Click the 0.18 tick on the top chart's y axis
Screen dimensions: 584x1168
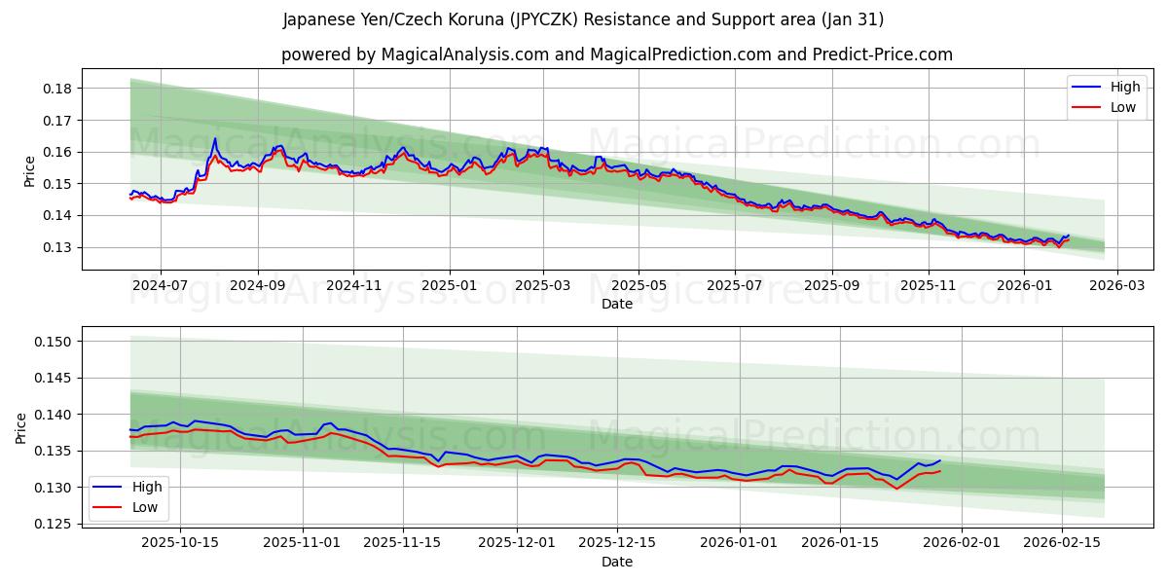click(x=59, y=89)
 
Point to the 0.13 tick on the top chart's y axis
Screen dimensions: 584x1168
click(x=59, y=247)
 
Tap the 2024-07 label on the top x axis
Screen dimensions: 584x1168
click(x=160, y=285)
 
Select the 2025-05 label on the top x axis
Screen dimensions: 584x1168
click(x=639, y=285)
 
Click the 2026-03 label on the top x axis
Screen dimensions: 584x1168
click(x=1116, y=285)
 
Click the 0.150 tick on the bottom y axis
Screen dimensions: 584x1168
click(x=55, y=342)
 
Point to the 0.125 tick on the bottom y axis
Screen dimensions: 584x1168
click(x=55, y=524)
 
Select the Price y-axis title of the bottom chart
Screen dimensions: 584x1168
click(x=21, y=427)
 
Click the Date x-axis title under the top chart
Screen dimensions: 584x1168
click(x=617, y=304)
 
